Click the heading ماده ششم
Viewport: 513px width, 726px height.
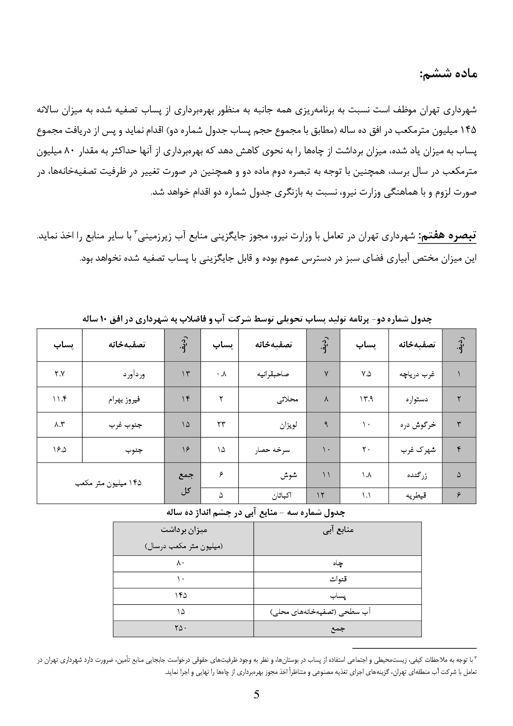tap(448, 74)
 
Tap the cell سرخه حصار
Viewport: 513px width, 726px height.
tap(272, 450)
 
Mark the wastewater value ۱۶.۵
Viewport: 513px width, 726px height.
tap(59, 450)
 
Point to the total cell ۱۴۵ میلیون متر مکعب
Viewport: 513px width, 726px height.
tap(108, 483)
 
